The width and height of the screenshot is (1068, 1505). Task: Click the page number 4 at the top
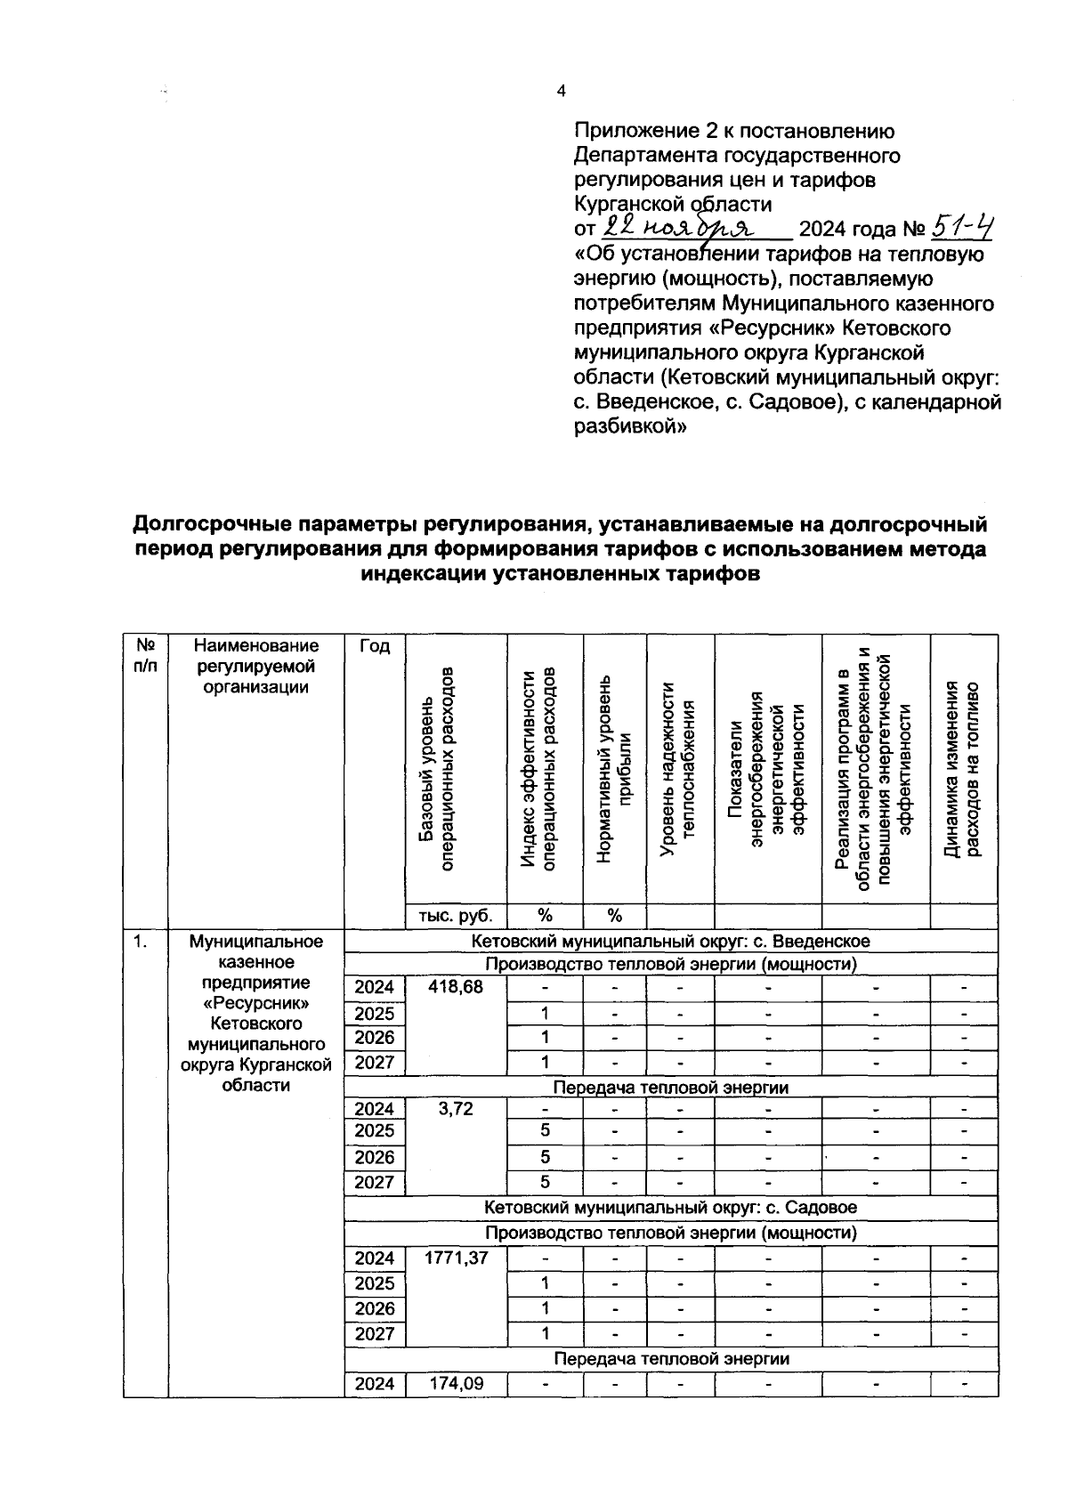pos(561,91)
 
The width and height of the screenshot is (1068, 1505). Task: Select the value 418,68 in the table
pos(456,987)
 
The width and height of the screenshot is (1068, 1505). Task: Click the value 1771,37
pos(456,1258)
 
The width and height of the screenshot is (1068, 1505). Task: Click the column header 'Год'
pos(375,647)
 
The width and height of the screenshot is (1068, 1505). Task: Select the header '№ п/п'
pos(145,656)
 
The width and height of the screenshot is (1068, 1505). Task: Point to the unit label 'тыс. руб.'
pos(456,916)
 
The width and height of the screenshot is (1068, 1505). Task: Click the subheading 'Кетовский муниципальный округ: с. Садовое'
pos(670,1208)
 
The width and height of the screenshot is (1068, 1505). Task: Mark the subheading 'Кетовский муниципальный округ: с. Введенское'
pos(670,941)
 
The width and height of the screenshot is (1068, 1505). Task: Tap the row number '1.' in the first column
pos(141,941)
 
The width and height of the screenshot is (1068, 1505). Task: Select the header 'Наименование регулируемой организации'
pos(255,666)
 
